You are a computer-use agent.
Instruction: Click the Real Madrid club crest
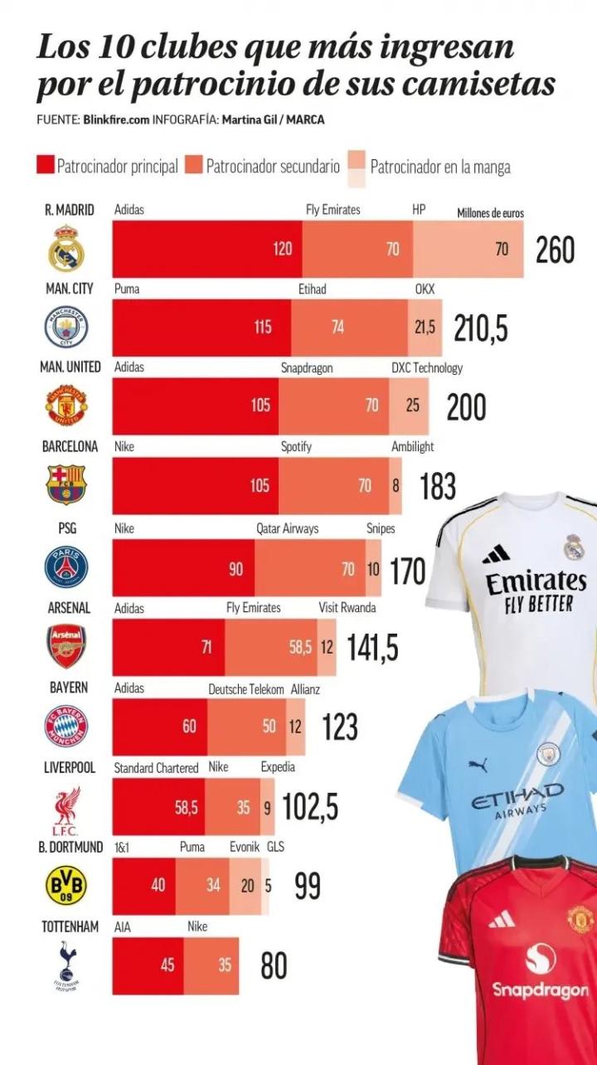(66, 248)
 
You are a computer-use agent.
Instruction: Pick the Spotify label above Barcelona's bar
(296, 446)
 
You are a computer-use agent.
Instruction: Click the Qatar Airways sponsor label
(287, 528)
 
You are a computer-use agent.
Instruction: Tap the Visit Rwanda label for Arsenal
(347, 608)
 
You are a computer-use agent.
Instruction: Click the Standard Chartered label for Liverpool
(156, 768)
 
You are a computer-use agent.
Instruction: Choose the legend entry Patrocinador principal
(117, 167)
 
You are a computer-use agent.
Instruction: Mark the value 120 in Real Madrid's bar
(283, 249)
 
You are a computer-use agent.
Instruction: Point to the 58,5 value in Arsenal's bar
(300, 647)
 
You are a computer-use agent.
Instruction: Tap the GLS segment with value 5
(268, 885)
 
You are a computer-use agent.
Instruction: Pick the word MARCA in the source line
(307, 119)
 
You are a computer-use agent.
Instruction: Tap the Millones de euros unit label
(490, 213)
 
